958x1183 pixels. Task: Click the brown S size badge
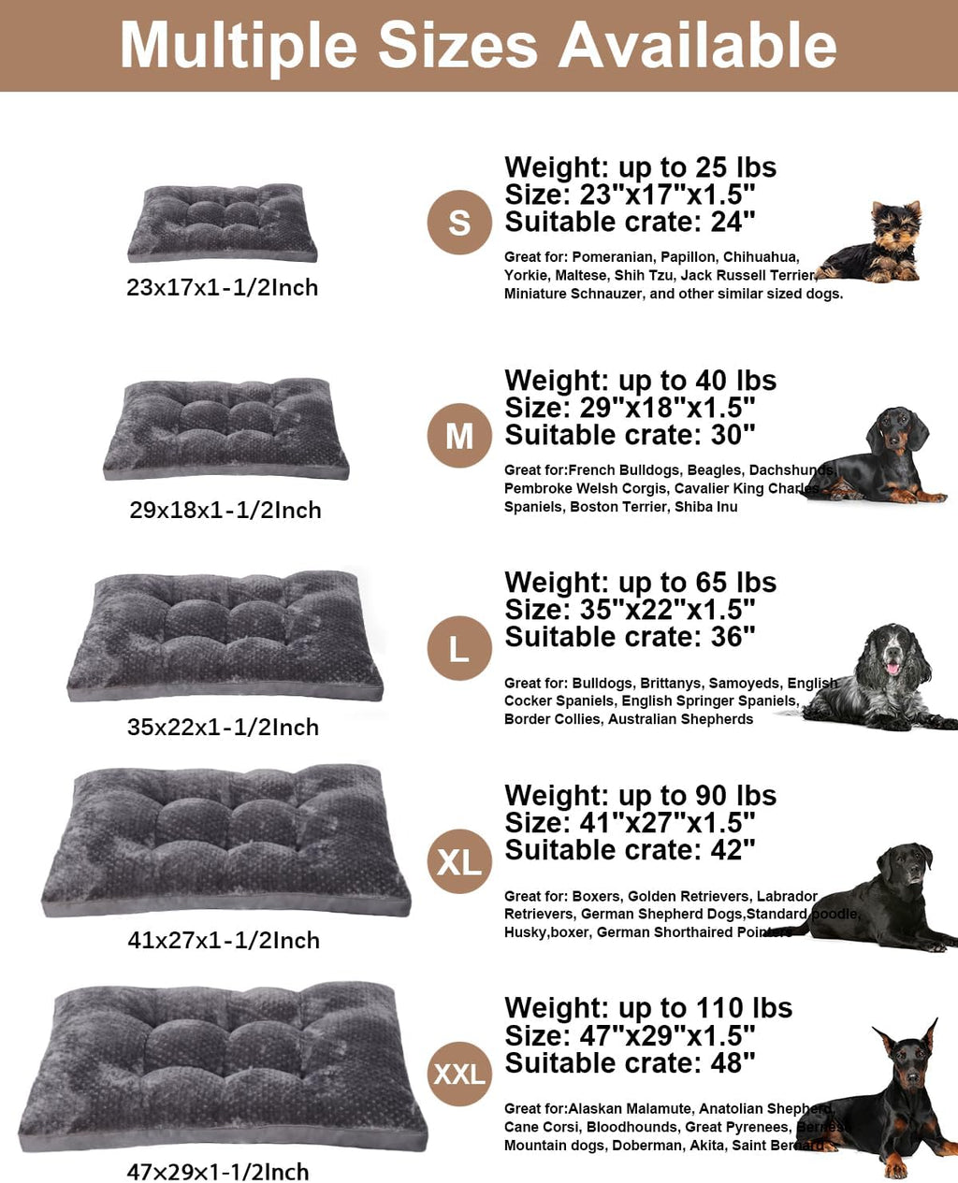click(459, 223)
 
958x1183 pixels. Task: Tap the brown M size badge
click(459, 436)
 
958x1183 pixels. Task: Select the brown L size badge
click(459, 648)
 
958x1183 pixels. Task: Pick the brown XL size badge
click(459, 861)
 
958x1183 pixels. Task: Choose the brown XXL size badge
click(459, 1074)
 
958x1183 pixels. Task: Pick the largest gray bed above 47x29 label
click(223, 1066)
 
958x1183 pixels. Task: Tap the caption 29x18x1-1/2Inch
click(225, 511)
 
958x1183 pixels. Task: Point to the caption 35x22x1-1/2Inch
click(223, 728)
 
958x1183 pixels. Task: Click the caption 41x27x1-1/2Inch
click(224, 941)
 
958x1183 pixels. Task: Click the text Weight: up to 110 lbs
click(647, 1008)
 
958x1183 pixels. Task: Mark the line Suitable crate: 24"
click(630, 223)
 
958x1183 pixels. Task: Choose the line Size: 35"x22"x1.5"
click(630, 610)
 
